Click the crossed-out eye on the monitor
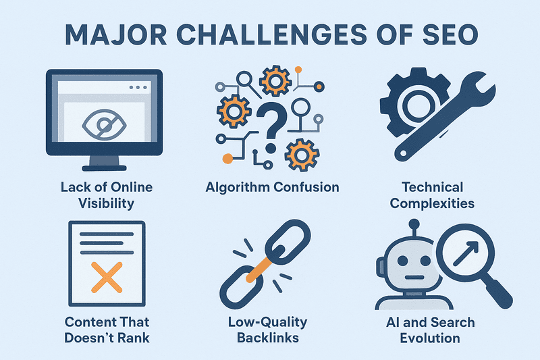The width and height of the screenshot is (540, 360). tap(103, 124)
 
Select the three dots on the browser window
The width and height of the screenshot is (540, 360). tap(138, 88)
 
